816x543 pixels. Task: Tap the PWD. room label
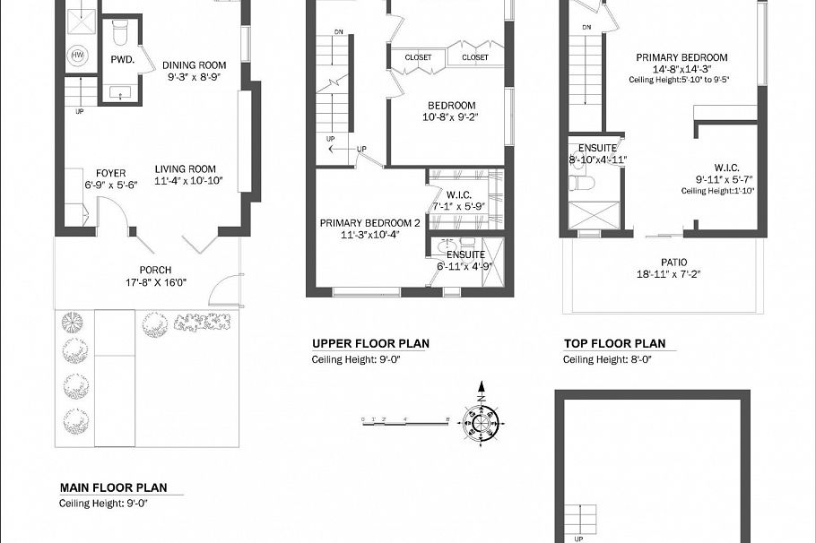(x=122, y=60)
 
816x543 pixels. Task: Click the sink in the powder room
(x=119, y=91)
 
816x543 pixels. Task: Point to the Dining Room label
(x=194, y=65)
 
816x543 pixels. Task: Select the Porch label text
(x=155, y=270)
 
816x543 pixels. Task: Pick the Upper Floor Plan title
(x=370, y=343)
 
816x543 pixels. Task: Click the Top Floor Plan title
(x=614, y=343)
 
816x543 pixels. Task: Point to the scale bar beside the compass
(x=404, y=419)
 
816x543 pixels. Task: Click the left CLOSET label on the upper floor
(x=418, y=57)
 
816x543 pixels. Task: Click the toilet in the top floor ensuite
(x=580, y=183)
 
